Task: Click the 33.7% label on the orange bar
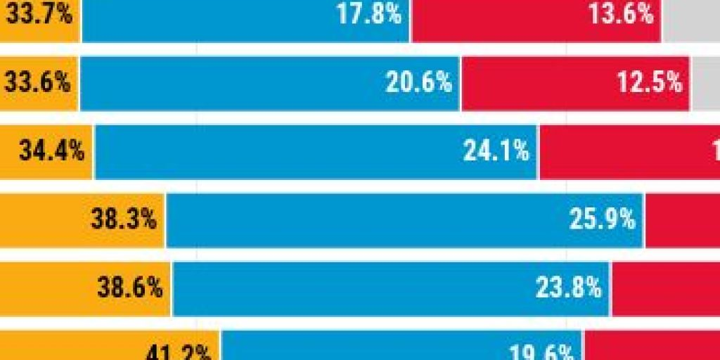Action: [38, 15]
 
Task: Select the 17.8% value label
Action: [369, 15]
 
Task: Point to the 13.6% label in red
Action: [622, 15]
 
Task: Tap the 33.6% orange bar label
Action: [38, 83]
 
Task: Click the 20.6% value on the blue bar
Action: [418, 83]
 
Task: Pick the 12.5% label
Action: [650, 83]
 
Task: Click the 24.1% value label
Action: [496, 151]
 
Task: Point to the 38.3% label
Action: [124, 219]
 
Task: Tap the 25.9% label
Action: [603, 219]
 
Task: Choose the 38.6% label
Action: [130, 288]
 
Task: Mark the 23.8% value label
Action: [568, 288]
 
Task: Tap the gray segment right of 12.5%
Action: [706, 83]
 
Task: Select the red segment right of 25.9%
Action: [682, 219]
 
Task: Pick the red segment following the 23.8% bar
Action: [665, 288]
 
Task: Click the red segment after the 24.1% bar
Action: [629, 151]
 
